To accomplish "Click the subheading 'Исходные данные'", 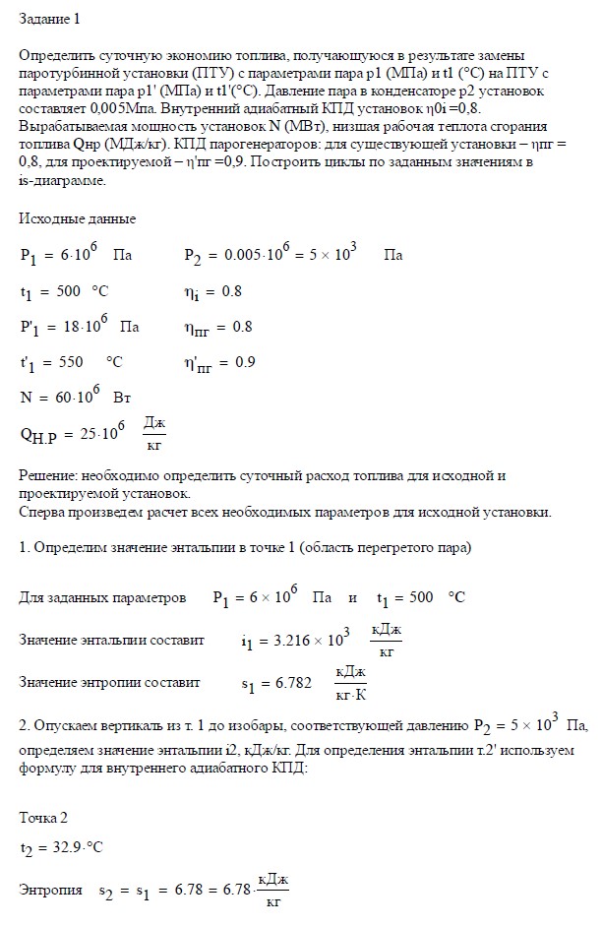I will pyautogui.click(x=77, y=218).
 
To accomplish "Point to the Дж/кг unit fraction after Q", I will pyautogui.click(x=154, y=433).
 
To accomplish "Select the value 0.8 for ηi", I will pyautogui.click(x=231, y=292).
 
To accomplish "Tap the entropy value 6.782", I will pyautogui.click(x=292, y=681).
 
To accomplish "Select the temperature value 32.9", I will pyautogui.click(x=65, y=848).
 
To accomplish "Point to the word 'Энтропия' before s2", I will pyautogui.click(x=51, y=890).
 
